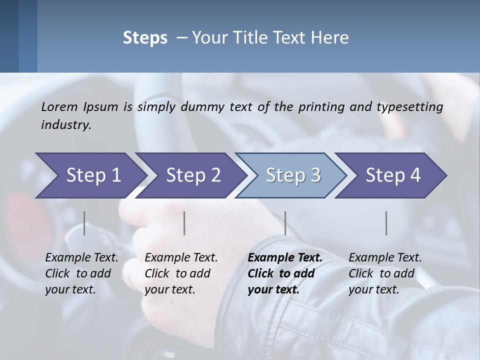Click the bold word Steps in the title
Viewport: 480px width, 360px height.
pos(145,38)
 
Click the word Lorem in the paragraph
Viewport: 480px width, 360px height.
pos(58,106)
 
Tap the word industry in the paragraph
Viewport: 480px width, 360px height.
pos(66,124)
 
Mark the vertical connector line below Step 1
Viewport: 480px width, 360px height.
pos(84,223)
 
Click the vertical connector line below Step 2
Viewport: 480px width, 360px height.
pos(184,223)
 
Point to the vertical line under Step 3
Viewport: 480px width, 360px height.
pos(285,223)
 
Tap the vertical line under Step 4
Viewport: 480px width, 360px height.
pos(386,223)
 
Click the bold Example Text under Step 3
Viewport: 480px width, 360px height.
pos(285,257)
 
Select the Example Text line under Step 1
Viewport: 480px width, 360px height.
pos(81,257)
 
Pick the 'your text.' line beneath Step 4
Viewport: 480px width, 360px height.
pos(373,289)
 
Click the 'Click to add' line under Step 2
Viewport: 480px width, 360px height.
pos(177,273)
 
